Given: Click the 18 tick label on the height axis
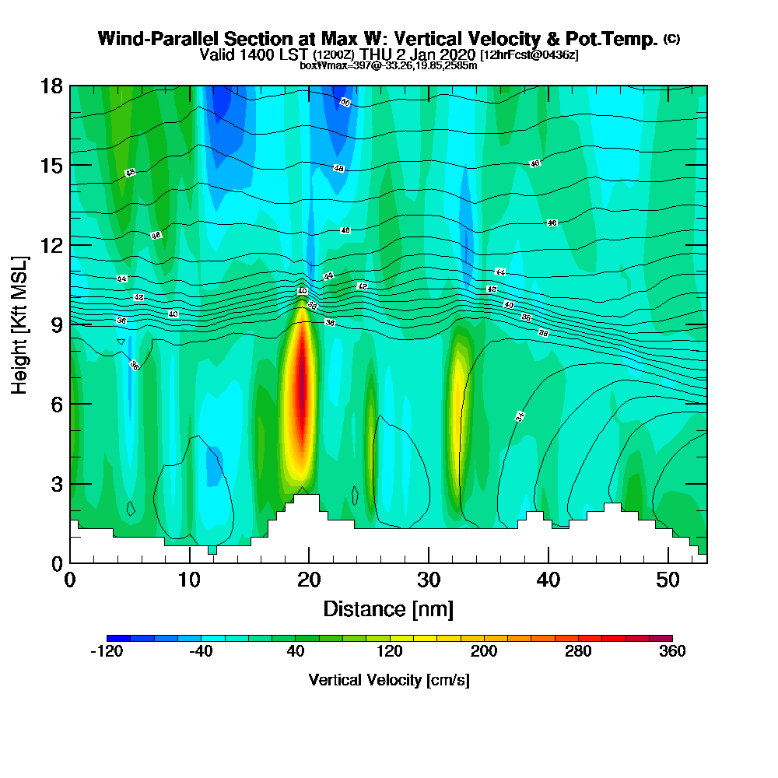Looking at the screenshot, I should pyautogui.click(x=51, y=86).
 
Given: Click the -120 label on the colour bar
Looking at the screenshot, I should pyautogui.click(x=107, y=652).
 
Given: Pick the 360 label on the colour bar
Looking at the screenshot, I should pyautogui.click(x=671, y=652).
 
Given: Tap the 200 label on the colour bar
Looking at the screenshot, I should pyautogui.click(x=483, y=652).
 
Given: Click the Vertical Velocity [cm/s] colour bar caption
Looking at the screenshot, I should pyautogui.click(x=389, y=680).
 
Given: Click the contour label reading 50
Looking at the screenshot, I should pyautogui.click(x=345, y=103).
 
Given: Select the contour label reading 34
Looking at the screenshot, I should pyautogui.click(x=520, y=416).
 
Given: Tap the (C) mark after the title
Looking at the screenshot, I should pyautogui.click(x=672, y=39).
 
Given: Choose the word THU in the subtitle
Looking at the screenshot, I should pyautogui.click(x=377, y=54).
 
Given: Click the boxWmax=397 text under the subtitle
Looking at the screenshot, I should pyautogui.click(x=327, y=65).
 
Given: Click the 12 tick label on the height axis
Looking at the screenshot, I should pyautogui.click(x=51, y=245).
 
